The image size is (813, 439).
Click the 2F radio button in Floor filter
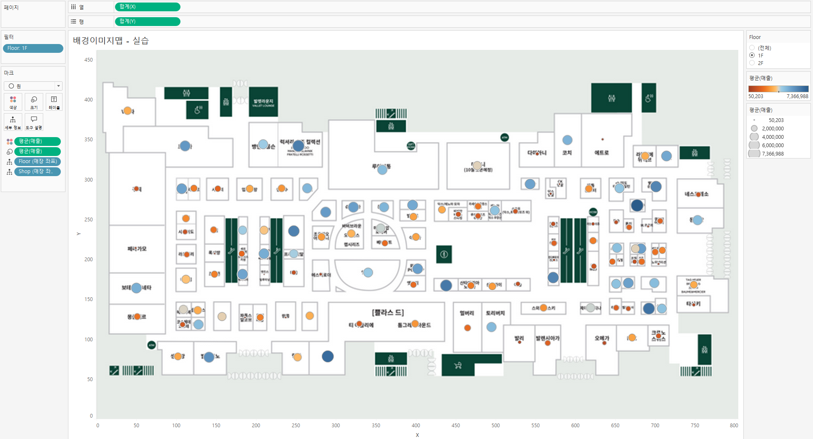click(x=752, y=63)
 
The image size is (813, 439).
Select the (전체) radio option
click(x=752, y=48)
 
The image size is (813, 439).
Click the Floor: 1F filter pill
click(x=33, y=48)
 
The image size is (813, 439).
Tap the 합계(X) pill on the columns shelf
click(x=147, y=7)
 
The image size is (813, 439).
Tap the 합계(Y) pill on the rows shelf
click(x=147, y=21)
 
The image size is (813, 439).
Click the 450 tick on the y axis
click(x=89, y=60)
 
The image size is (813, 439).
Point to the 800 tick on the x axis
click(x=734, y=425)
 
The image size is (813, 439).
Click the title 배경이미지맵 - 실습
click(x=111, y=41)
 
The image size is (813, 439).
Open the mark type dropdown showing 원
click(x=33, y=86)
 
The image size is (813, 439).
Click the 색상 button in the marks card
click(x=13, y=102)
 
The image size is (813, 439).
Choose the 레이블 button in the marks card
click(x=54, y=102)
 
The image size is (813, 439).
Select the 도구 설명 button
click(x=34, y=122)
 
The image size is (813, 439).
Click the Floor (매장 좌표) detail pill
click(x=37, y=161)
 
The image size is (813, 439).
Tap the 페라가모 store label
click(x=137, y=249)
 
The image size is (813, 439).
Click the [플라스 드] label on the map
click(x=388, y=312)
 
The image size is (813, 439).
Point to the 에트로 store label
click(x=601, y=153)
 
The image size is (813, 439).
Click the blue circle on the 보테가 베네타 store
click(x=136, y=288)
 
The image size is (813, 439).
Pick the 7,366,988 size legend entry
click(x=754, y=154)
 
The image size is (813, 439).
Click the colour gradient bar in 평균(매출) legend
click(x=778, y=89)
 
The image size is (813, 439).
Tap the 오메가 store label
click(x=602, y=338)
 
